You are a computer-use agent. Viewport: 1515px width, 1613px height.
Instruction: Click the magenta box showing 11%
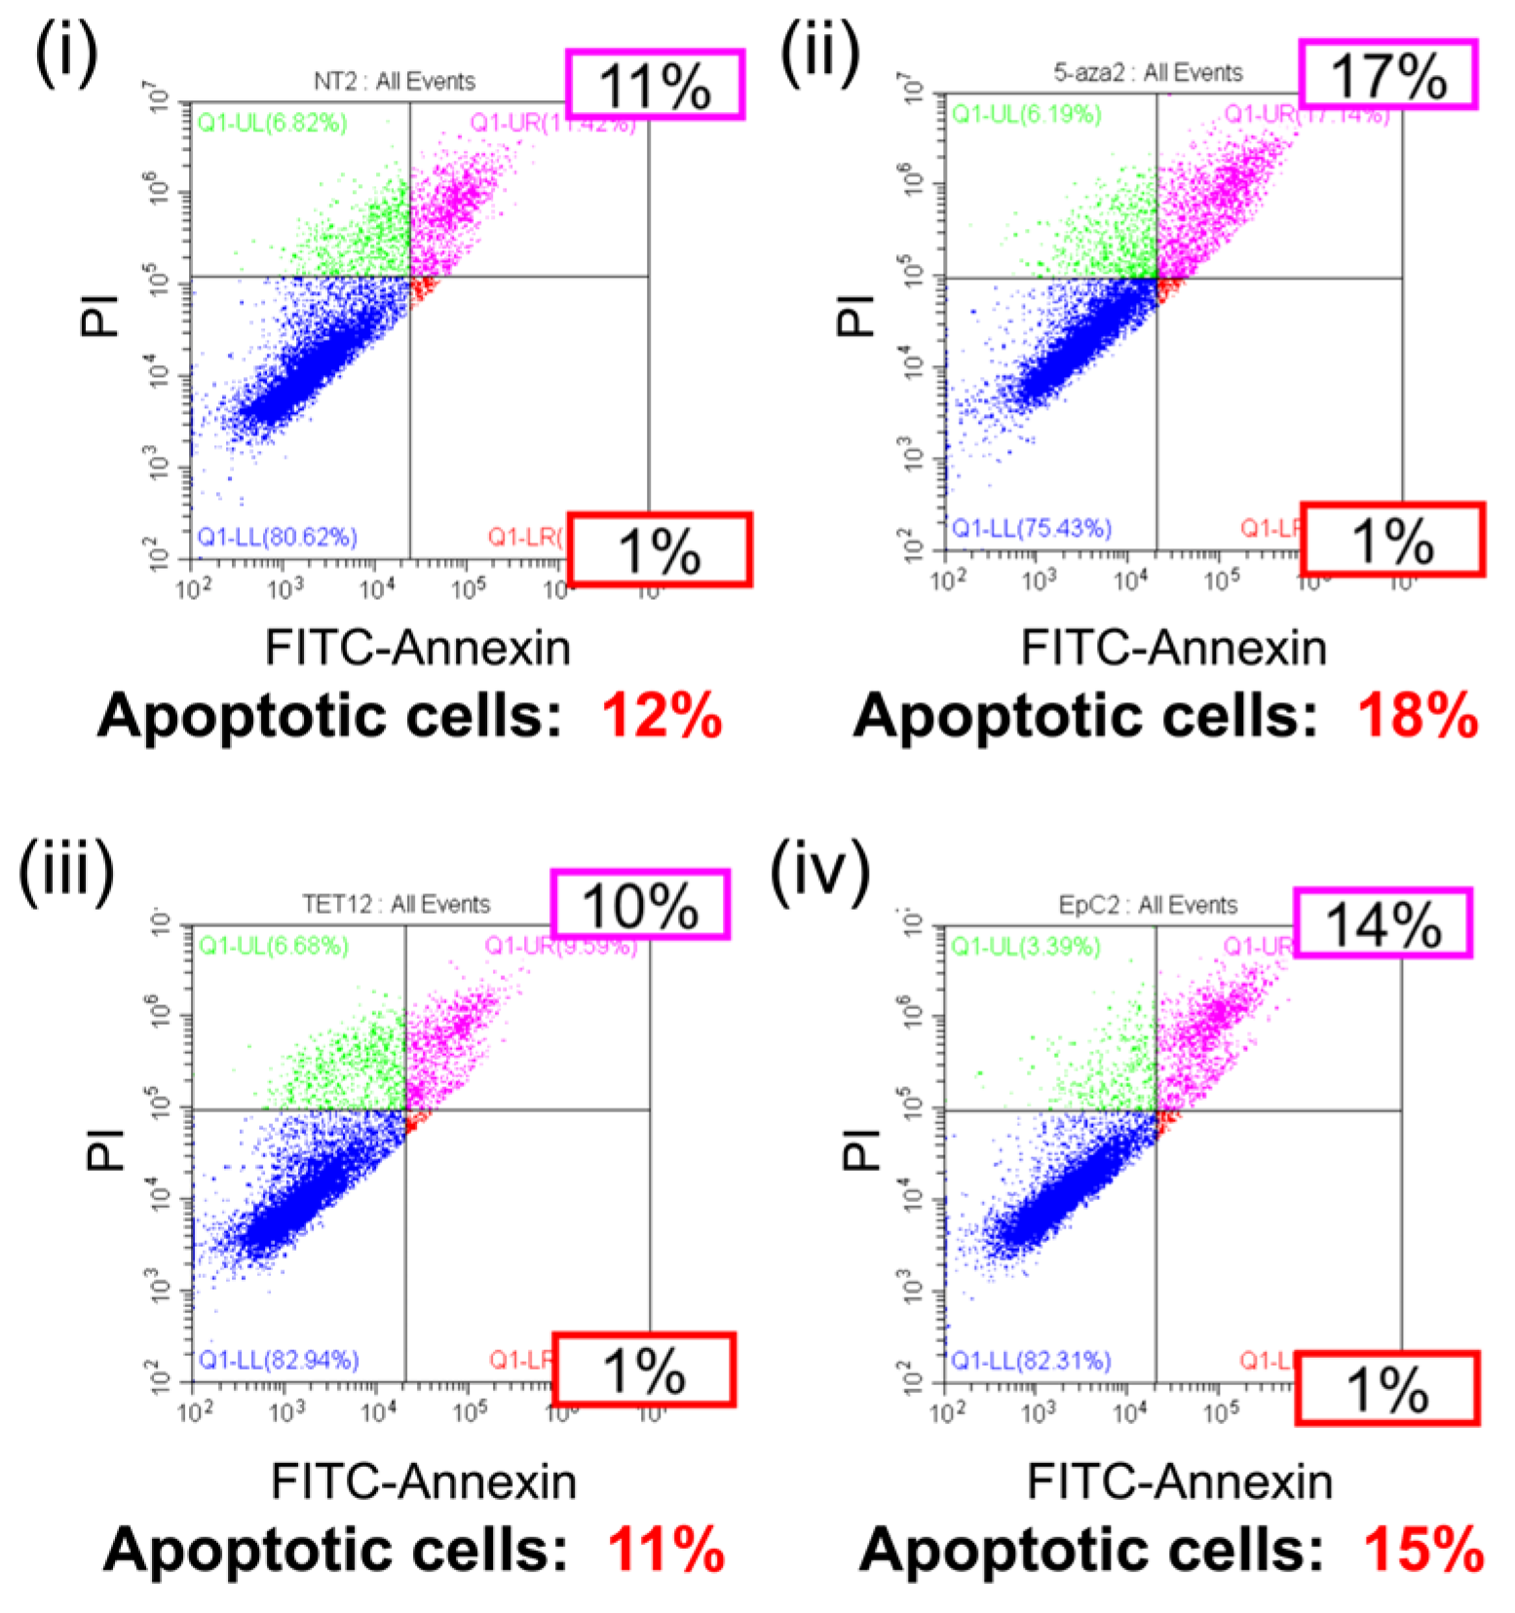(x=656, y=86)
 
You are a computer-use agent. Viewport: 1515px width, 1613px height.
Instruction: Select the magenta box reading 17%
(x=1387, y=75)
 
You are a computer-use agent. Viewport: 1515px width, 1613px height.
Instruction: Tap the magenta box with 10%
(x=640, y=905)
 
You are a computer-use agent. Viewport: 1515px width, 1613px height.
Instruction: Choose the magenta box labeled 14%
(x=1382, y=923)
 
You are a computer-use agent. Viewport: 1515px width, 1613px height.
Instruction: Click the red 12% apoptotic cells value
(x=662, y=717)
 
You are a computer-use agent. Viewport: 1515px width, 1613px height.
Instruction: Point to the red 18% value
(x=1418, y=717)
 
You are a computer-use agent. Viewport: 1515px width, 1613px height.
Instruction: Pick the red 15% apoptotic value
(x=1422, y=1550)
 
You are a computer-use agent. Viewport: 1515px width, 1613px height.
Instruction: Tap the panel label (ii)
(x=819, y=54)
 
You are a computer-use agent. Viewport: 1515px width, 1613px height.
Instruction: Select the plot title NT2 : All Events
(x=394, y=81)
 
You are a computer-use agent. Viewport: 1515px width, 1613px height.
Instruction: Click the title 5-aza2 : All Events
(x=1148, y=72)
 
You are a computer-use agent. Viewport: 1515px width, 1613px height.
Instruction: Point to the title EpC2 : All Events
(x=1148, y=905)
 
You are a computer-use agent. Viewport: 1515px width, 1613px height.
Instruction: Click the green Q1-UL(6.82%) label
(x=272, y=123)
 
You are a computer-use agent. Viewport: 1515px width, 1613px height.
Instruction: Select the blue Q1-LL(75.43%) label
(x=1031, y=528)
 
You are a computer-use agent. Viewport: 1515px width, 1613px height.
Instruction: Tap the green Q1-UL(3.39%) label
(x=1025, y=946)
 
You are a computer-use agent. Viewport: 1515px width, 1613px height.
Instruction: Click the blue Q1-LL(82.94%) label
(x=278, y=1360)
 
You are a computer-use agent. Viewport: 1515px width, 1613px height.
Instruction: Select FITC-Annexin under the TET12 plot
(x=423, y=1482)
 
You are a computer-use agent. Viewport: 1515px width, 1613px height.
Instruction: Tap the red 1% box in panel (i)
(x=660, y=550)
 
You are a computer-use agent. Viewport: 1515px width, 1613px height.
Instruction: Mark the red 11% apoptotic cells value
(x=665, y=1550)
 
